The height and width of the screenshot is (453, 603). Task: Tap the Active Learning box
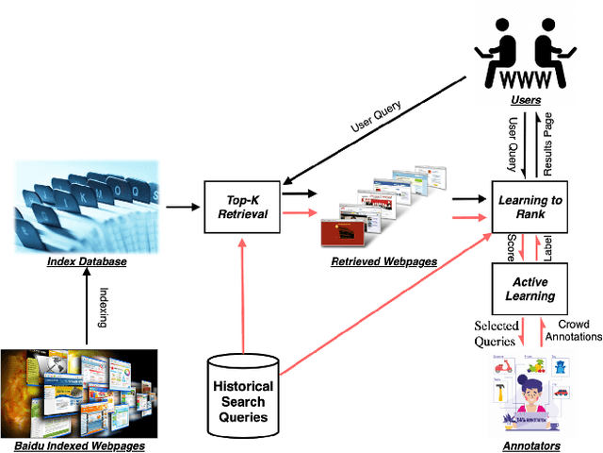coord(530,288)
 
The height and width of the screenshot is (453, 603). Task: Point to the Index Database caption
coord(86,260)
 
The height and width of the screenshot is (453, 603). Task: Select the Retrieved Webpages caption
coord(383,260)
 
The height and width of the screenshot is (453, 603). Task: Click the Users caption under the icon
coord(527,98)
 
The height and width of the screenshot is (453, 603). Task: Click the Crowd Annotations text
coord(573,330)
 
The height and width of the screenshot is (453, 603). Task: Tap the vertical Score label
coord(511,246)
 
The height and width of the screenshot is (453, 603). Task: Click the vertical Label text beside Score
coord(548,246)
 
